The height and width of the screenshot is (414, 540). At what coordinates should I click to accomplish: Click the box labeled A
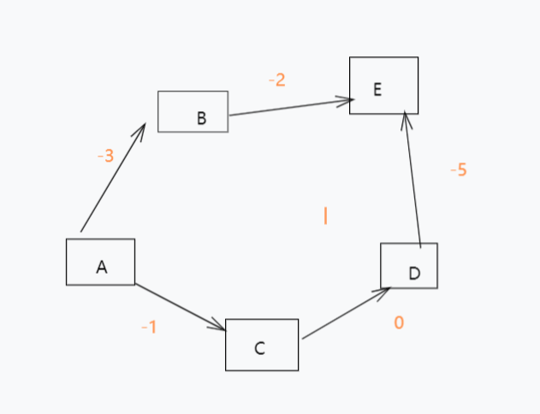click(100, 262)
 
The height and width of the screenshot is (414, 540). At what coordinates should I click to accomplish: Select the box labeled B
click(193, 111)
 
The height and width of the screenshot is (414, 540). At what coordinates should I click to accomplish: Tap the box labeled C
click(262, 345)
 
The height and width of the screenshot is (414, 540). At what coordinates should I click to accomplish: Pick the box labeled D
click(409, 266)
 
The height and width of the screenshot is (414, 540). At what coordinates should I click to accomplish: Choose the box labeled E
click(383, 86)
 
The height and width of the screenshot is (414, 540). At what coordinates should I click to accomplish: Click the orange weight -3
click(105, 157)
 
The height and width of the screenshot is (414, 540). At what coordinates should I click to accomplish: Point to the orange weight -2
click(276, 80)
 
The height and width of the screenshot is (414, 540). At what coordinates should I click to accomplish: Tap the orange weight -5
click(458, 169)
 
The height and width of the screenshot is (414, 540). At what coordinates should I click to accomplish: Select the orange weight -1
click(148, 327)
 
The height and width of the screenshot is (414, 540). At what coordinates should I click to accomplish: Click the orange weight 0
click(399, 322)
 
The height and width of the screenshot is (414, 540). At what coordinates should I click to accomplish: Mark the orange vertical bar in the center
click(325, 216)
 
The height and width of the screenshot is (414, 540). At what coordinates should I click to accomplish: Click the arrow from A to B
click(112, 179)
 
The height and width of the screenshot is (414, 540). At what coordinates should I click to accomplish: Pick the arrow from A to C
click(180, 307)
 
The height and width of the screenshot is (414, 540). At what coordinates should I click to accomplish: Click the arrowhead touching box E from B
click(347, 101)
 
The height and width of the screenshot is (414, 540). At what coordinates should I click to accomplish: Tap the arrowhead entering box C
click(219, 327)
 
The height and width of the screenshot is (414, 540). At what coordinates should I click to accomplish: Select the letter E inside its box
click(377, 88)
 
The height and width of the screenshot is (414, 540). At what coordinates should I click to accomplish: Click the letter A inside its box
click(101, 268)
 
